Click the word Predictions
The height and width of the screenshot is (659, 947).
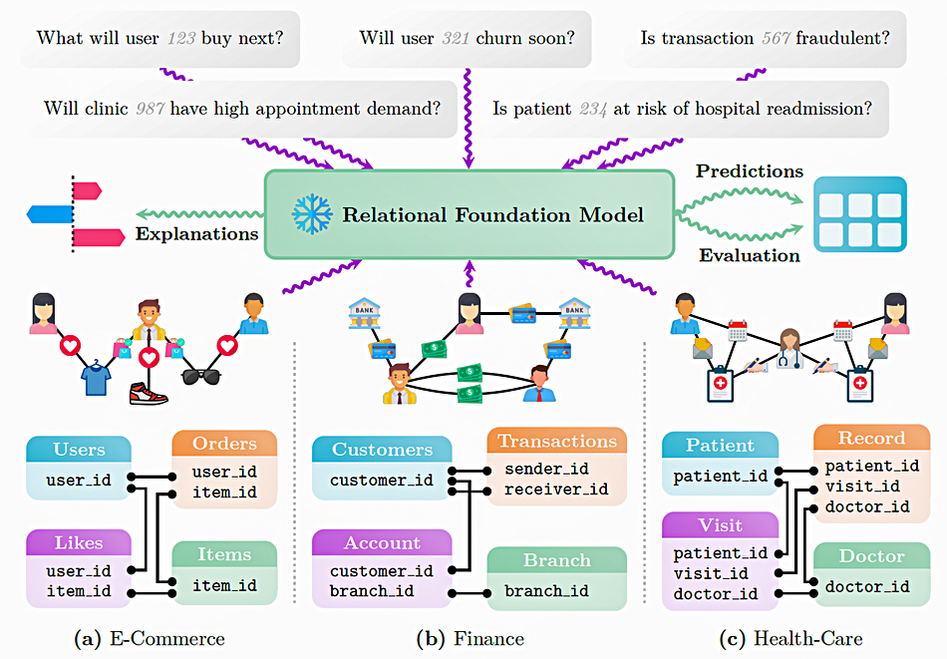[749, 171]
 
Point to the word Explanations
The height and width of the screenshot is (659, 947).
[196, 234]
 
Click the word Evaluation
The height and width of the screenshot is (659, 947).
[749, 255]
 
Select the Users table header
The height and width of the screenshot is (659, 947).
[79, 450]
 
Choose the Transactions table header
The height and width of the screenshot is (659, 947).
[557, 442]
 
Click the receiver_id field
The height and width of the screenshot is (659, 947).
[555, 489]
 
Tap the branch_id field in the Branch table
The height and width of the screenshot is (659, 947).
[546, 590]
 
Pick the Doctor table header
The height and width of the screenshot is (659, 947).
[871, 556]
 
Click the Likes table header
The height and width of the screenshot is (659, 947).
[79, 542]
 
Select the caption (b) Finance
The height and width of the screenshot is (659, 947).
[471, 638]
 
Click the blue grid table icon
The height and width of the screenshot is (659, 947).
[859, 213]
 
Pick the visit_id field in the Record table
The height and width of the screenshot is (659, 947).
[863, 487]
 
